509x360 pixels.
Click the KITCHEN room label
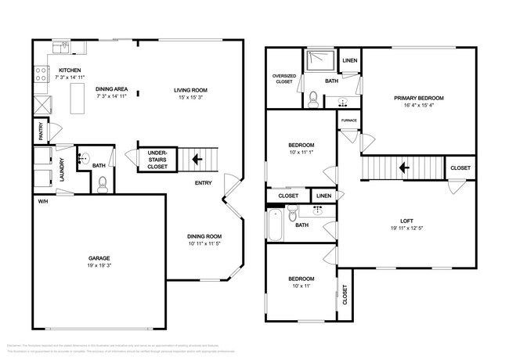pyautogui.click(x=70, y=70)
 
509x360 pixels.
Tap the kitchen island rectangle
pyautogui.click(x=78, y=99)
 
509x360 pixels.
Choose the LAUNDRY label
pyautogui.click(x=61, y=174)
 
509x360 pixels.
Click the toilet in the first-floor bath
pyautogui.click(x=103, y=185)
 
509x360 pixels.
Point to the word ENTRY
pyautogui.click(x=204, y=183)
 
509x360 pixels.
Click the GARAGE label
pyautogui.click(x=99, y=258)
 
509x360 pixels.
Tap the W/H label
pyautogui.click(x=42, y=201)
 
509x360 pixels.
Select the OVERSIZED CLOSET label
pyautogui.click(x=283, y=79)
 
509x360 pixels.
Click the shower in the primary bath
pyautogui.click(x=319, y=60)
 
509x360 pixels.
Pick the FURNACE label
pyautogui.click(x=348, y=121)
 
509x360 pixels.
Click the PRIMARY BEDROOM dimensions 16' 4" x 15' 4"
pyautogui.click(x=418, y=106)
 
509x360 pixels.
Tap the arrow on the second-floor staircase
pyautogui.click(x=403, y=167)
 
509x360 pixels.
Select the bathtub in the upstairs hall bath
pyautogui.click(x=275, y=225)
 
